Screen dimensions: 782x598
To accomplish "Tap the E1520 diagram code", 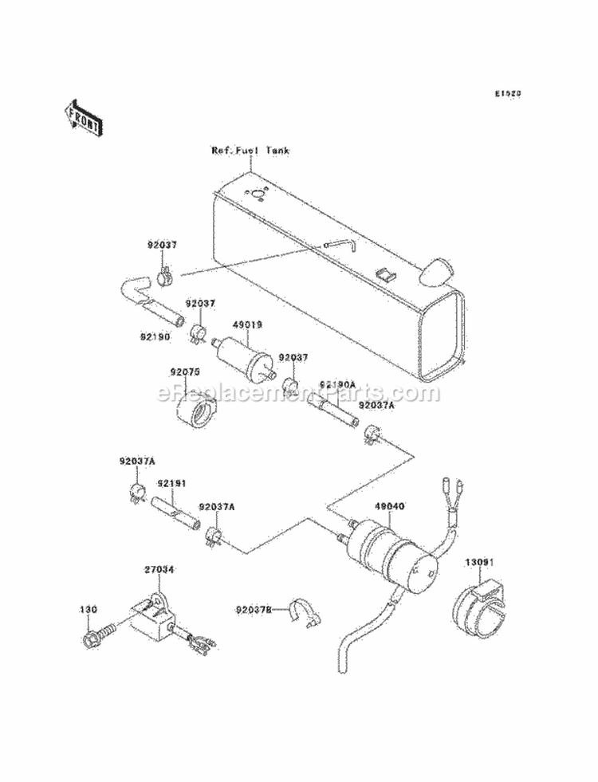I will (x=507, y=93).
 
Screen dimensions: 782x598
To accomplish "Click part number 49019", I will (x=226, y=325).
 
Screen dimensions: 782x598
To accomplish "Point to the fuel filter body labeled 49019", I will (x=244, y=356).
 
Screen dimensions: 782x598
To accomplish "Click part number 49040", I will (x=389, y=505).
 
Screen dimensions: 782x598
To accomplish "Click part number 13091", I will (x=481, y=561).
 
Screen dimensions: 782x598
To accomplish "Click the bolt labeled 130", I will (x=89, y=639).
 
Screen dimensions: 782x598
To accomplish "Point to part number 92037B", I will (x=254, y=611).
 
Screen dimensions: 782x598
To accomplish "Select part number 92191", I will (x=171, y=483).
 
